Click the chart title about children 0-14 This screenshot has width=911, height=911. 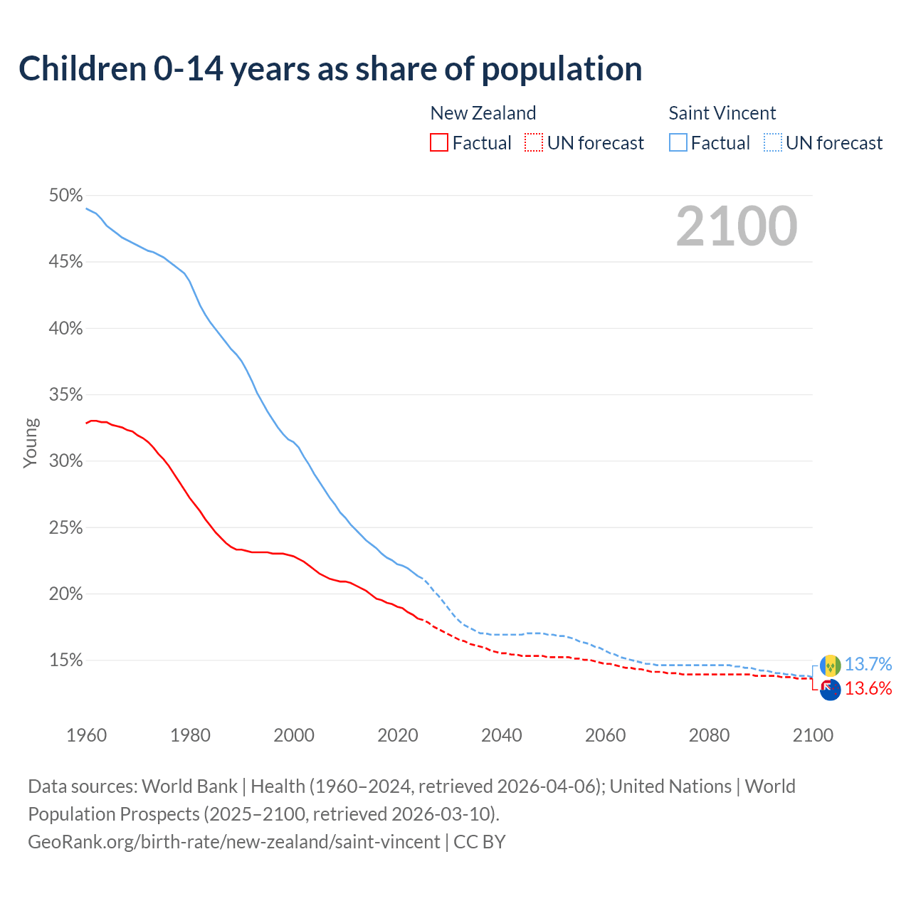click(x=330, y=69)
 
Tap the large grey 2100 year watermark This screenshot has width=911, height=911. click(x=736, y=226)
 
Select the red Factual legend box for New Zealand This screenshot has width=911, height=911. click(x=439, y=143)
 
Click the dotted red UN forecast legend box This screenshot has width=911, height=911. click(x=534, y=143)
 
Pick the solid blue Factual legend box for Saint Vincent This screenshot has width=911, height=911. click(x=678, y=143)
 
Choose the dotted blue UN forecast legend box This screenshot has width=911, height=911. click(x=772, y=143)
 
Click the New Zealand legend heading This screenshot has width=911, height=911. click(x=483, y=113)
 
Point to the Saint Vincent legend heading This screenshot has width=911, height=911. click(x=722, y=113)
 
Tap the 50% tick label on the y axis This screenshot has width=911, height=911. click(x=65, y=196)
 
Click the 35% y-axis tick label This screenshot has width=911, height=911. click(x=65, y=395)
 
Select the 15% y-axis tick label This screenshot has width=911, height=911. click(x=65, y=660)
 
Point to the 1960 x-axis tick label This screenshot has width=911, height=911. click(x=87, y=735)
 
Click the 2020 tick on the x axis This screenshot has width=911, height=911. click(x=398, y=735)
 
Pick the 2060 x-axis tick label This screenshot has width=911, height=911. click(x=605, y=735)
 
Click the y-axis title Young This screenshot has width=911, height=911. click(x=31, y=443)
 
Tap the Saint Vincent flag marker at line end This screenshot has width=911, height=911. click(x=830, y=665)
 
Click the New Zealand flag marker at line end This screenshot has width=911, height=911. click(x=830, y=690)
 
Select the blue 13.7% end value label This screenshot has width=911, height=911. click(x=868, y=664)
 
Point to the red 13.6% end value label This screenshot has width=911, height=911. click(x=868, y=688)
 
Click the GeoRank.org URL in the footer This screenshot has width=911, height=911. click(x=233, y=842)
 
